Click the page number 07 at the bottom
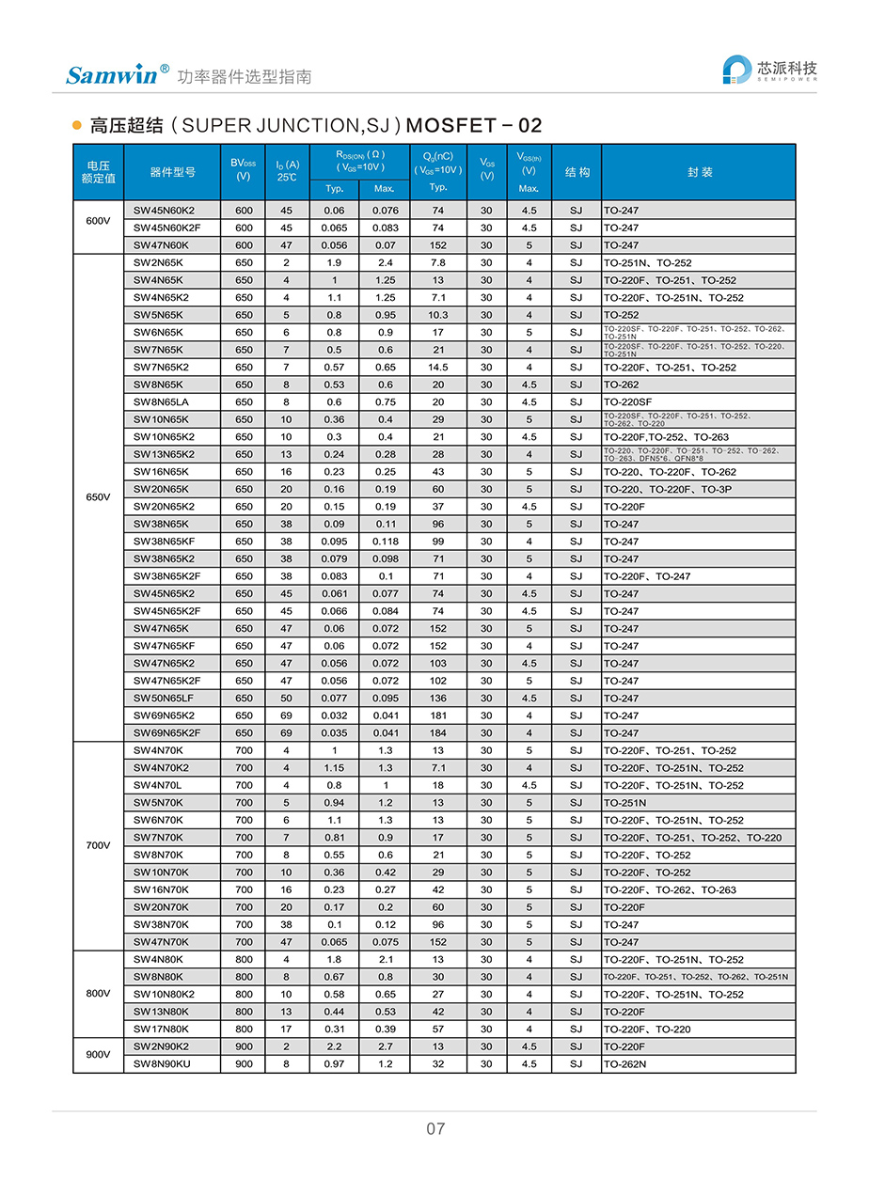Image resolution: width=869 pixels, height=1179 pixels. (434, 1128)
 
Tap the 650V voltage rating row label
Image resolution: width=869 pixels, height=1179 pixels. (98, 497)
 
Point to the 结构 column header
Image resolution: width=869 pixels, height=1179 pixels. (577, 172)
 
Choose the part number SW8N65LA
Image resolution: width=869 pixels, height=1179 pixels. (161, 401)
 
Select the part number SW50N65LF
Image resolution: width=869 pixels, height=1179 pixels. (164, 698)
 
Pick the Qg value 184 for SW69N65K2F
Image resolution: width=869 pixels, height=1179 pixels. (437, 732)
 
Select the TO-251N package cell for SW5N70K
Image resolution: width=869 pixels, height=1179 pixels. (624, 803)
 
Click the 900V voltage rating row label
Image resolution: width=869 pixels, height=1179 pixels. (98, 1055)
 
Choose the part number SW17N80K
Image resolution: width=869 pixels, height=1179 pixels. (161, 1029)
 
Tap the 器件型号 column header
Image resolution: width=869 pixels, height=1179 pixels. (173, 172)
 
